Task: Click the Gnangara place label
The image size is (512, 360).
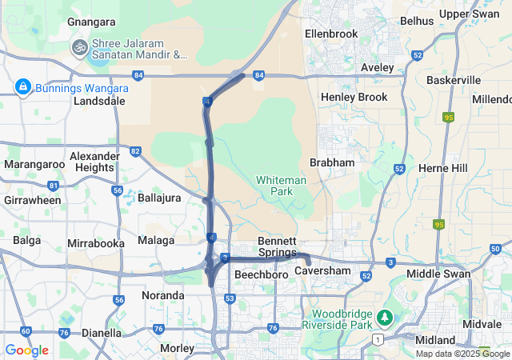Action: (92, 22)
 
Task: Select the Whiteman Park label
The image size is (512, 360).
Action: (281, 186)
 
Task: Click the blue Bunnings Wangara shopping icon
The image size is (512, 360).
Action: (22, 86)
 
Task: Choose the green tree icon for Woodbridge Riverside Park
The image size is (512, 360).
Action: (386, 318)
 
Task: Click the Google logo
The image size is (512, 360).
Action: (26, 350)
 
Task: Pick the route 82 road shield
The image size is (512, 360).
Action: (135, 151)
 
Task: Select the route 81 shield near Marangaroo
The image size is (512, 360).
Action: (54, 186)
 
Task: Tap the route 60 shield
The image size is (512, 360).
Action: (26, 330)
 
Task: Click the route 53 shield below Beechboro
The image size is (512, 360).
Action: (230, 298)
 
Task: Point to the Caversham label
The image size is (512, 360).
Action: (322, 272)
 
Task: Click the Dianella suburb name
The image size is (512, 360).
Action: (102, 333)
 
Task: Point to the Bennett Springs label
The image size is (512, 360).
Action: (278, 246)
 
